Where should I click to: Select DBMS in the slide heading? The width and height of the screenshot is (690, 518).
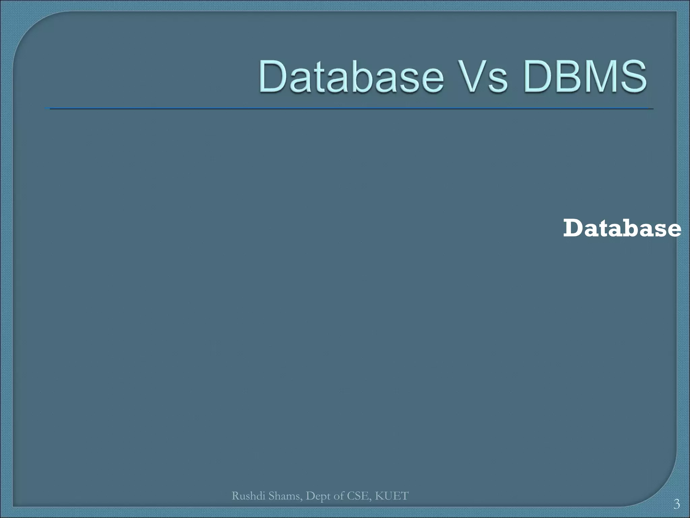click(585, 77)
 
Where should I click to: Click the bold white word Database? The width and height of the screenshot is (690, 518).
click(622, 228)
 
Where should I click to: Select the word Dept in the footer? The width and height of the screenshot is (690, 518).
click(317, 496)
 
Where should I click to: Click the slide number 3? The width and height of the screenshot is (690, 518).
click(677, 505)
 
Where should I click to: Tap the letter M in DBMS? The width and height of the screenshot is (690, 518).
click(597, 77)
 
